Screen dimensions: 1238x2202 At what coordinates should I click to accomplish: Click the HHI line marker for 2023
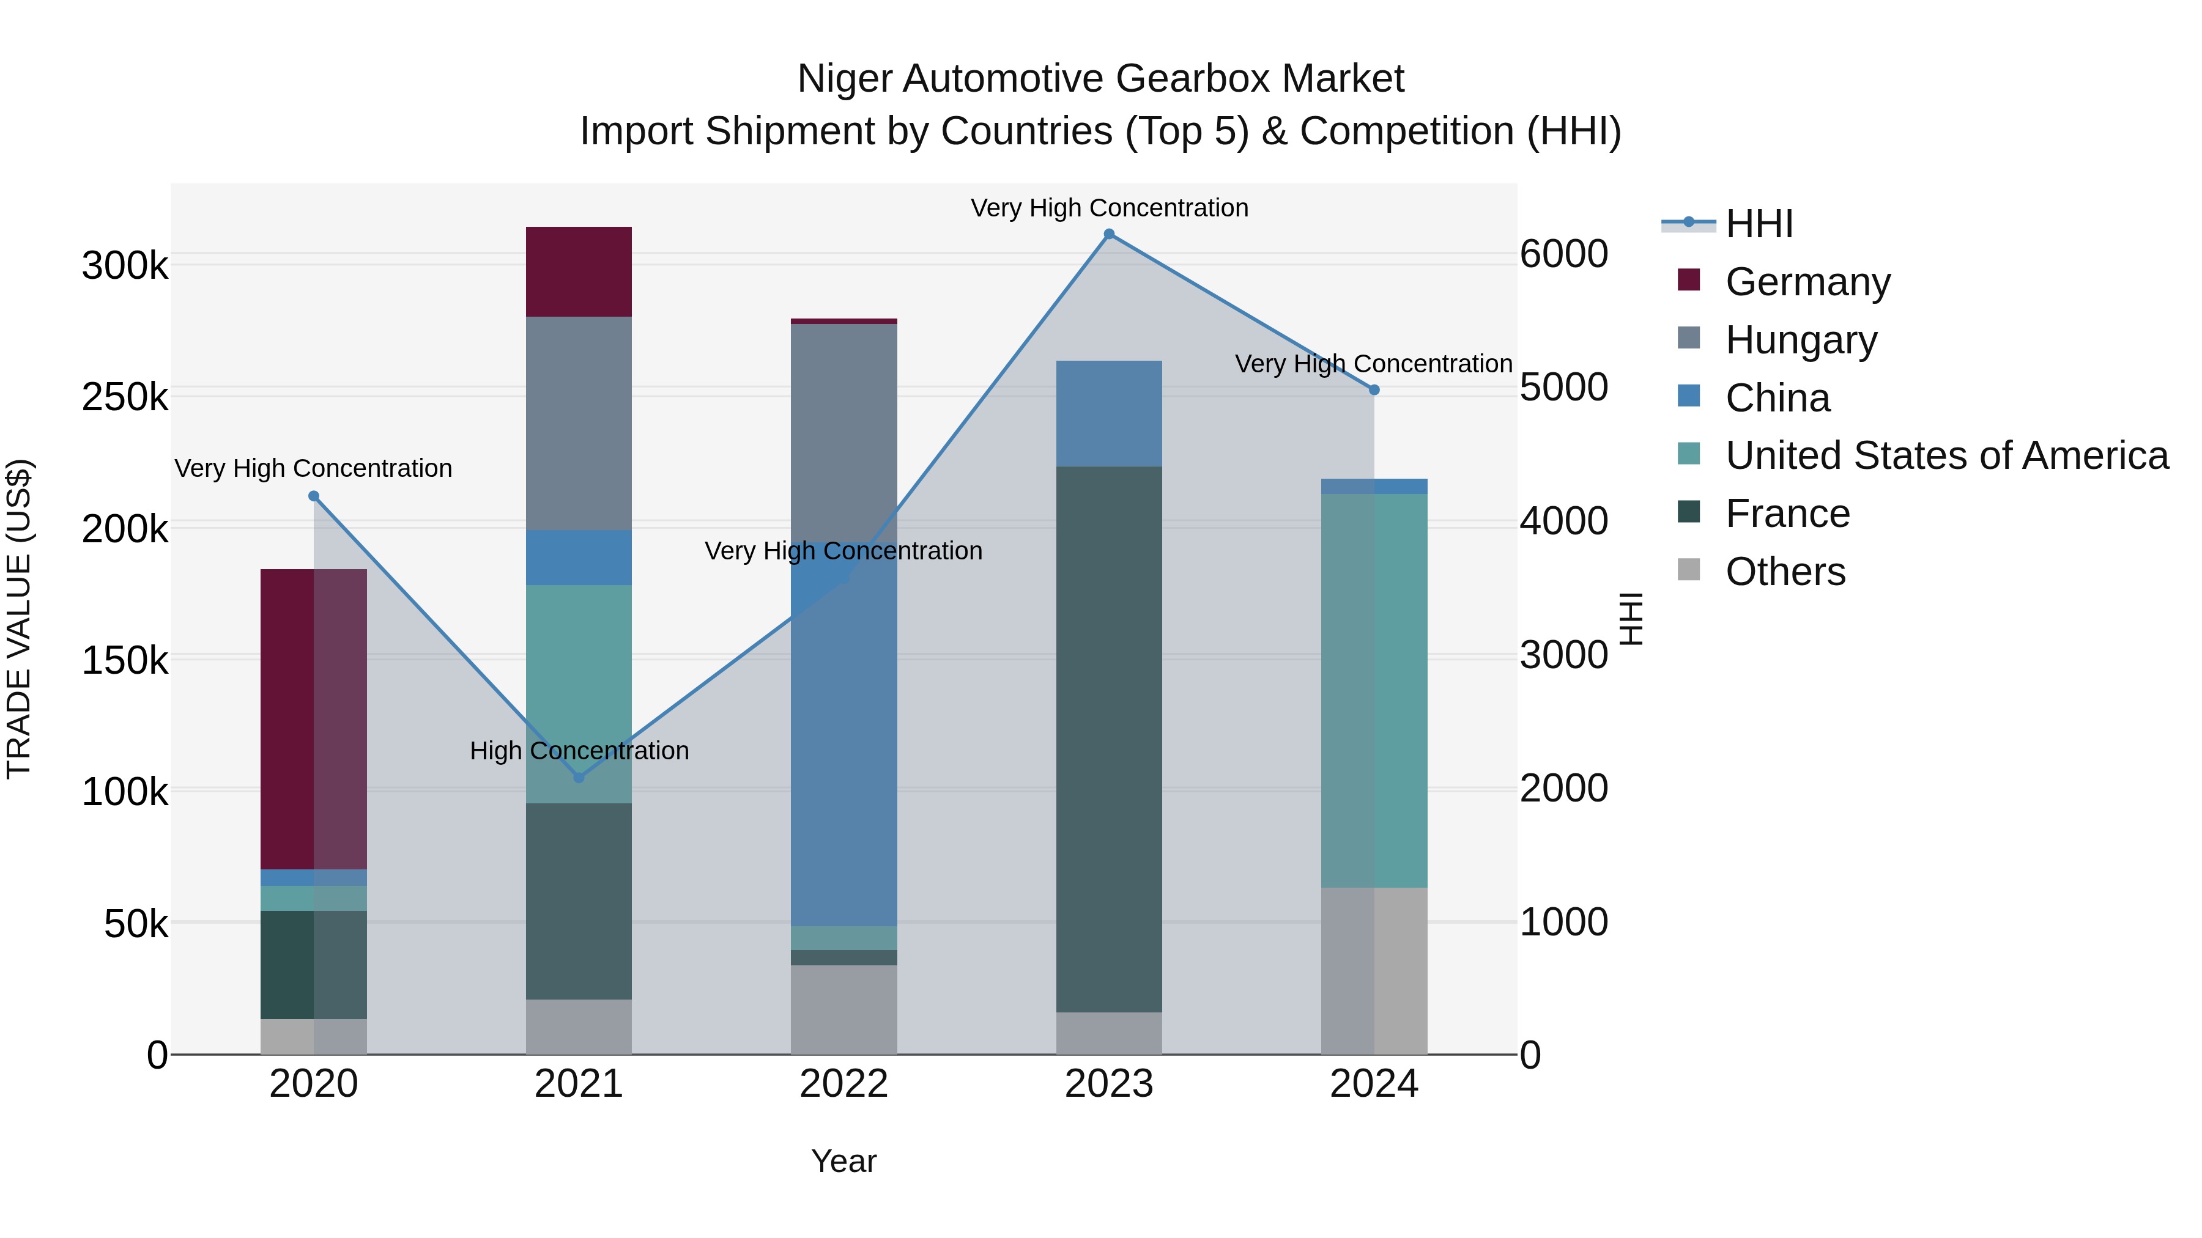[1109, 234]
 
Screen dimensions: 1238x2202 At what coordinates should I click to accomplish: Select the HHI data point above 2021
[579, 778]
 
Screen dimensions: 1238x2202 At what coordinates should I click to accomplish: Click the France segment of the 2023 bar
[1109, 739]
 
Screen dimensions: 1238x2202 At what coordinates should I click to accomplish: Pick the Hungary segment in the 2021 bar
[579, 423]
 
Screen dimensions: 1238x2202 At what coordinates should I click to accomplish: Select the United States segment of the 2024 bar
[1374, 690]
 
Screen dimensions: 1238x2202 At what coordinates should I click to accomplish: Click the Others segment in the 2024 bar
[1374, 971]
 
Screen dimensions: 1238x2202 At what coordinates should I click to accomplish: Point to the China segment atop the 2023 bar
[1109, 413]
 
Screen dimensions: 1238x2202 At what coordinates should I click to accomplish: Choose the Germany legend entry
[1807, 282]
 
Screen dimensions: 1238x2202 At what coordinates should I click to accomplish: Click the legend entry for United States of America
[1946, 455]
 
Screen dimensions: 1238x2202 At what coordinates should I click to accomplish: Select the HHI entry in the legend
[1759, 224]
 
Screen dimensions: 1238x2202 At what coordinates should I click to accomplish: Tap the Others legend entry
[1785, 572]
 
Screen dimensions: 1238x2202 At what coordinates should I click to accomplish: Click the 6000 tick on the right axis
[1563, 254]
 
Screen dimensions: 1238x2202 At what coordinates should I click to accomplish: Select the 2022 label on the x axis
[843, 1084]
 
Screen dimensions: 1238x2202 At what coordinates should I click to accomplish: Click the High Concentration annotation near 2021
[579, 751]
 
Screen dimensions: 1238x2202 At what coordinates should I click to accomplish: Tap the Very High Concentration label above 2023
[1109, 208]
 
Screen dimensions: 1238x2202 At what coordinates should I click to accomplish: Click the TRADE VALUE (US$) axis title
[19, 619]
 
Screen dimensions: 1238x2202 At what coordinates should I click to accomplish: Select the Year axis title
[843, 1161]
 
